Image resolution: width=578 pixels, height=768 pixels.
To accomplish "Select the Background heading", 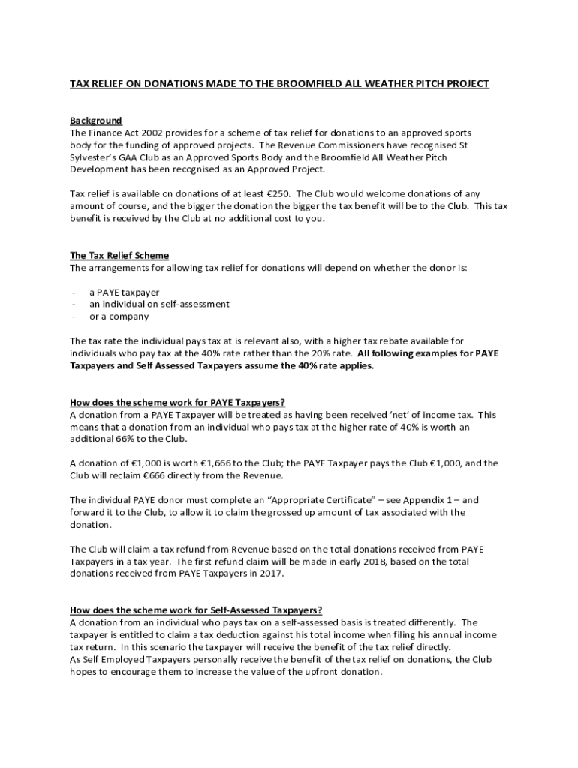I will tap(96, 121).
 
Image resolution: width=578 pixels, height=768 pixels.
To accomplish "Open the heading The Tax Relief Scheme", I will tap(119, 255).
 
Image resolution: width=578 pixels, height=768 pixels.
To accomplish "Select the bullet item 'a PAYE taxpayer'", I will tap(125, 292).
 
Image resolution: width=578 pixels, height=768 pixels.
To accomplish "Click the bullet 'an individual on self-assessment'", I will tap(160, 304).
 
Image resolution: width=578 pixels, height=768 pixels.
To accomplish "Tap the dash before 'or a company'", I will tap(74, 316).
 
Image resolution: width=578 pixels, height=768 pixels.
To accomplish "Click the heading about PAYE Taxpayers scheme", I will tap(177, 401).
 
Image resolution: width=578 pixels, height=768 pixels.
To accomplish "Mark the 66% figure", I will tap(125, 439).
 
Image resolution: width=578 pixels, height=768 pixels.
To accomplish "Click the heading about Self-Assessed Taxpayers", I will tap(195, 610).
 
